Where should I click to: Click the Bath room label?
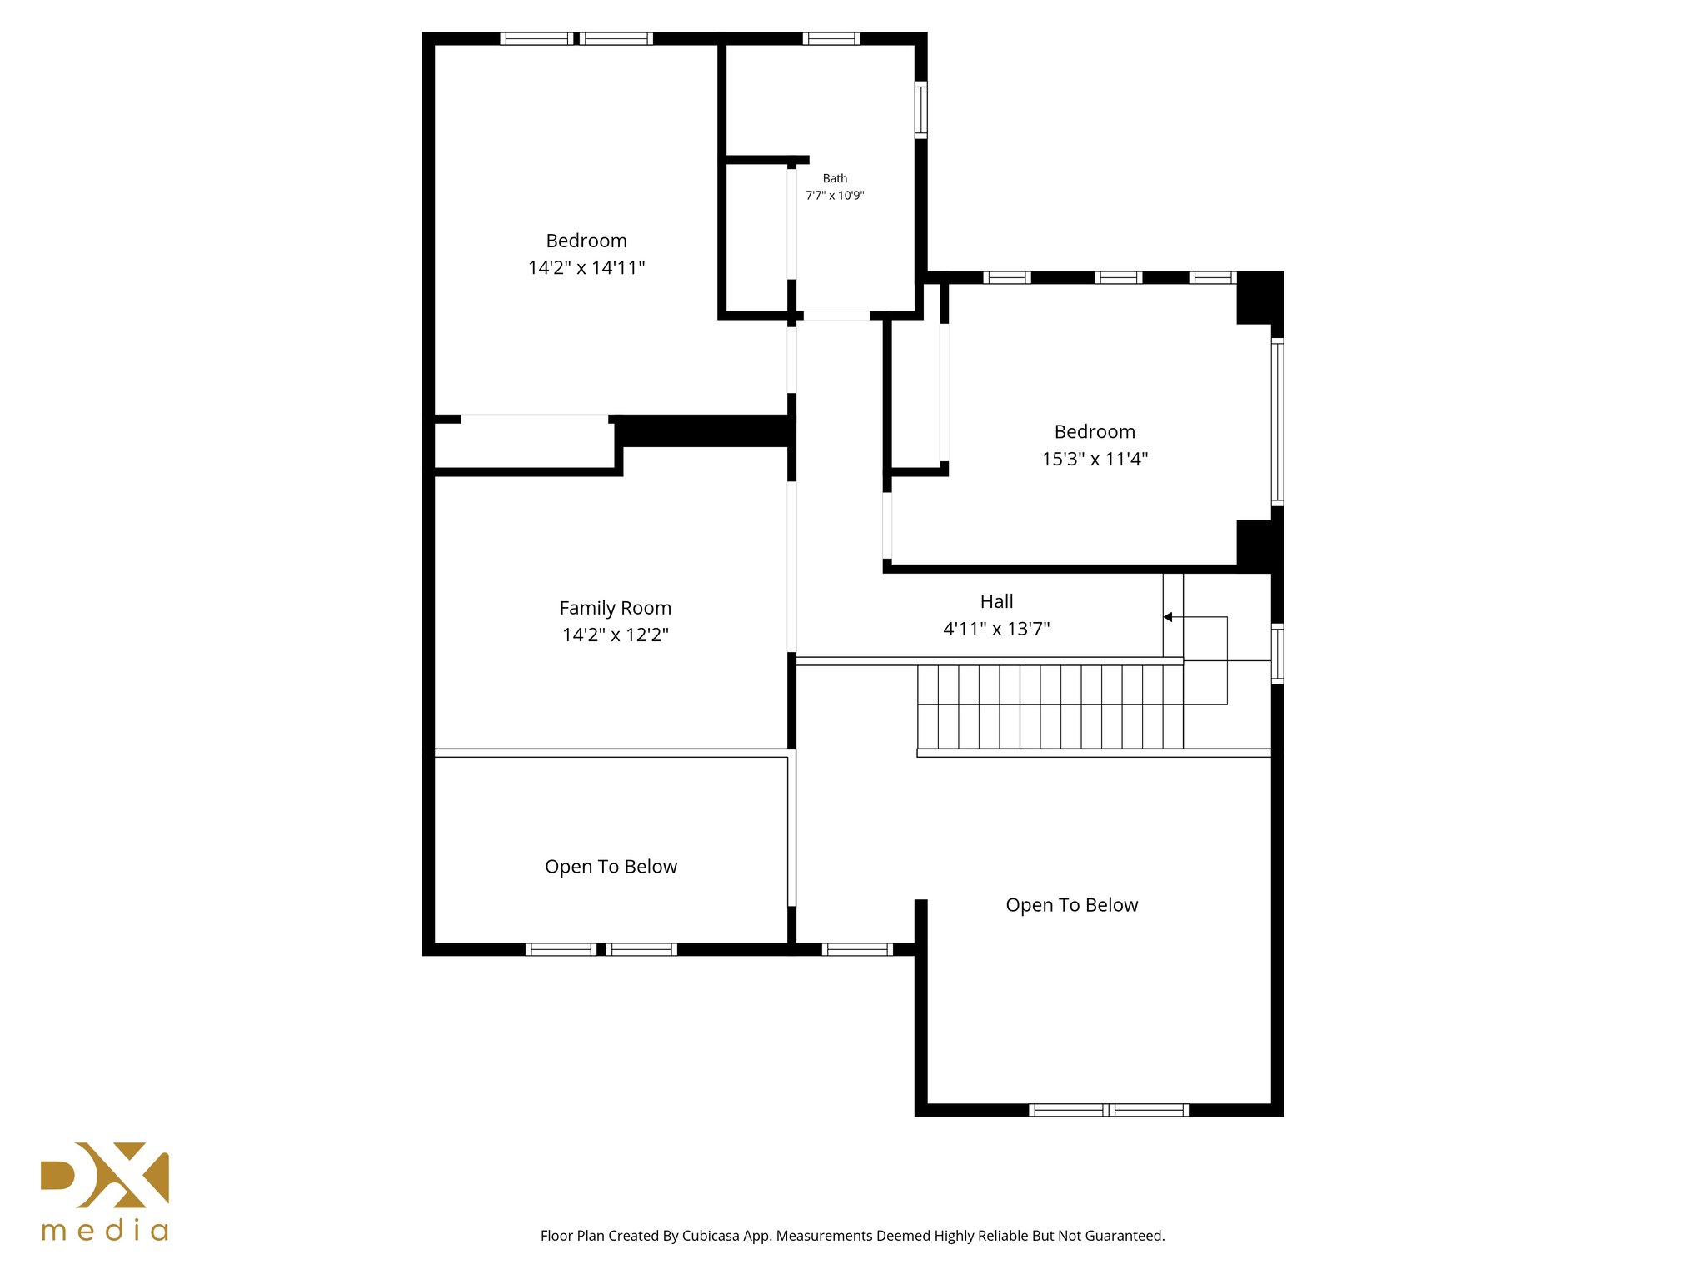835,178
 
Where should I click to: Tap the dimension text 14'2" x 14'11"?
586,267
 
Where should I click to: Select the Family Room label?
615,608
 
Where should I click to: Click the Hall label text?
996,601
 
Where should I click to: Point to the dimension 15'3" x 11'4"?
1095,459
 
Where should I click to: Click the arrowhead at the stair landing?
1168,617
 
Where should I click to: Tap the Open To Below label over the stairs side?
1071,905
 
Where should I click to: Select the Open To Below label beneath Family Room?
611,867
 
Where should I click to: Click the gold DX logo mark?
105,1175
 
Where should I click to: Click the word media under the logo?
105,1231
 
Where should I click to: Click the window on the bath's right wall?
921,109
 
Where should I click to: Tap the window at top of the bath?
831,38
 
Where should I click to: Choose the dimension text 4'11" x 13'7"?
996,629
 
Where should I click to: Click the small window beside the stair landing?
1277,654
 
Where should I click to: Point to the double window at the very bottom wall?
1108,1110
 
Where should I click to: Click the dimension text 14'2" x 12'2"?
615,635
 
